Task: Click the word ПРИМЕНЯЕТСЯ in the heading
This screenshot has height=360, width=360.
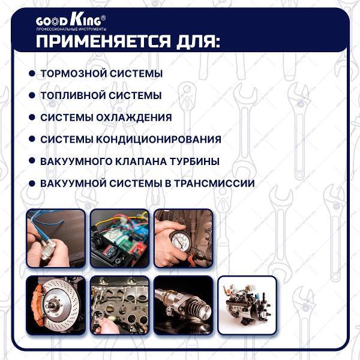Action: click(104, 41)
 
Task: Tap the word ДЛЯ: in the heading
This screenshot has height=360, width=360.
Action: click(199, 41)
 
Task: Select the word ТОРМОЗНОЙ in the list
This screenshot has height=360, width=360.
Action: click(73, 74)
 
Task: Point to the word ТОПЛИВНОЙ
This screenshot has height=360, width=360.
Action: click(73, 95)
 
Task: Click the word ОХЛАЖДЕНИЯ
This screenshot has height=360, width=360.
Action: click(134, 118)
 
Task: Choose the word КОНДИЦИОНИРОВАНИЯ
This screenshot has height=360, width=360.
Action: click(158, 139)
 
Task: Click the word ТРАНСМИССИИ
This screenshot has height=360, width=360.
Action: click(214, 183)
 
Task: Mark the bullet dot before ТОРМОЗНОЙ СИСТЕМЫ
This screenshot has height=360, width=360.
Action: click(32, 73)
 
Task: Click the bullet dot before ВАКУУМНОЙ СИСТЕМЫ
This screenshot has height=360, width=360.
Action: click(32, 184)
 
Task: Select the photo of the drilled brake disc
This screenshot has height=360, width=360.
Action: click(56, 305)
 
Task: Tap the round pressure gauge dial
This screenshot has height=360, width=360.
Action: click(181, 242)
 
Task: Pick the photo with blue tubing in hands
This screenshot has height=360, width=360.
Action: click(56, 238)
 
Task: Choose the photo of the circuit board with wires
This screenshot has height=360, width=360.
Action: click(119, 238)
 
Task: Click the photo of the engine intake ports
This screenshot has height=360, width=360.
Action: click(119, 305)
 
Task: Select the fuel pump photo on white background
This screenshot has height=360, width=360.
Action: click(247, 305)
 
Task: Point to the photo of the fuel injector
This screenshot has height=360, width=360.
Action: click(184, 305)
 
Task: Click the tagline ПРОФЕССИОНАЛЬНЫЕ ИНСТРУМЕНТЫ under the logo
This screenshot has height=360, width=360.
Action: click(71, 29)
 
